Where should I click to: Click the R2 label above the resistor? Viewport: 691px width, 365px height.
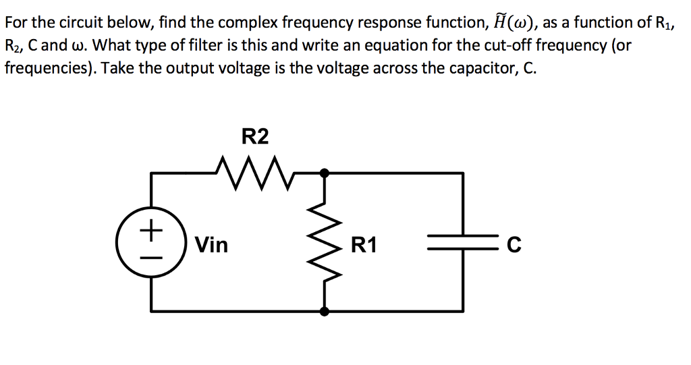[x=255, y=137]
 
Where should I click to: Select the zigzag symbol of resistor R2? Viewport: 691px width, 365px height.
[x=255, y=173]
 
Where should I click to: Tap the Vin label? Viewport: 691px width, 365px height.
[x=212, y=244]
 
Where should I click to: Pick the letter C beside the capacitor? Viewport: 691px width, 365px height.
[x=514, y=245]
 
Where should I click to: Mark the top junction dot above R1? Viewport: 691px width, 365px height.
[x=325, y=173]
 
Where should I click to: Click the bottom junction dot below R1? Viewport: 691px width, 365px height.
[x=325, y=312]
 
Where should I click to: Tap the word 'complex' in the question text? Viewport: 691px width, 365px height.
[x=248, y=24]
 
